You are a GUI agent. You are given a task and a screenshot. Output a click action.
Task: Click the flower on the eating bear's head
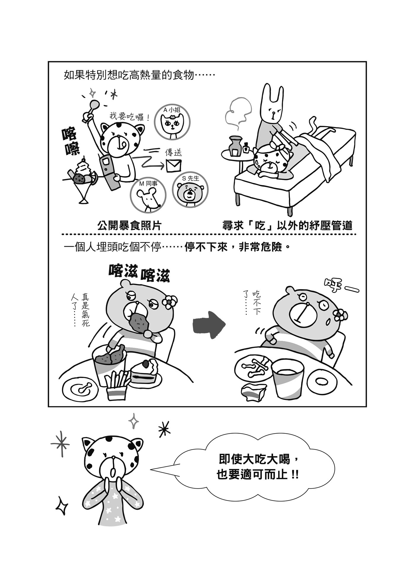tap(169, 301)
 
